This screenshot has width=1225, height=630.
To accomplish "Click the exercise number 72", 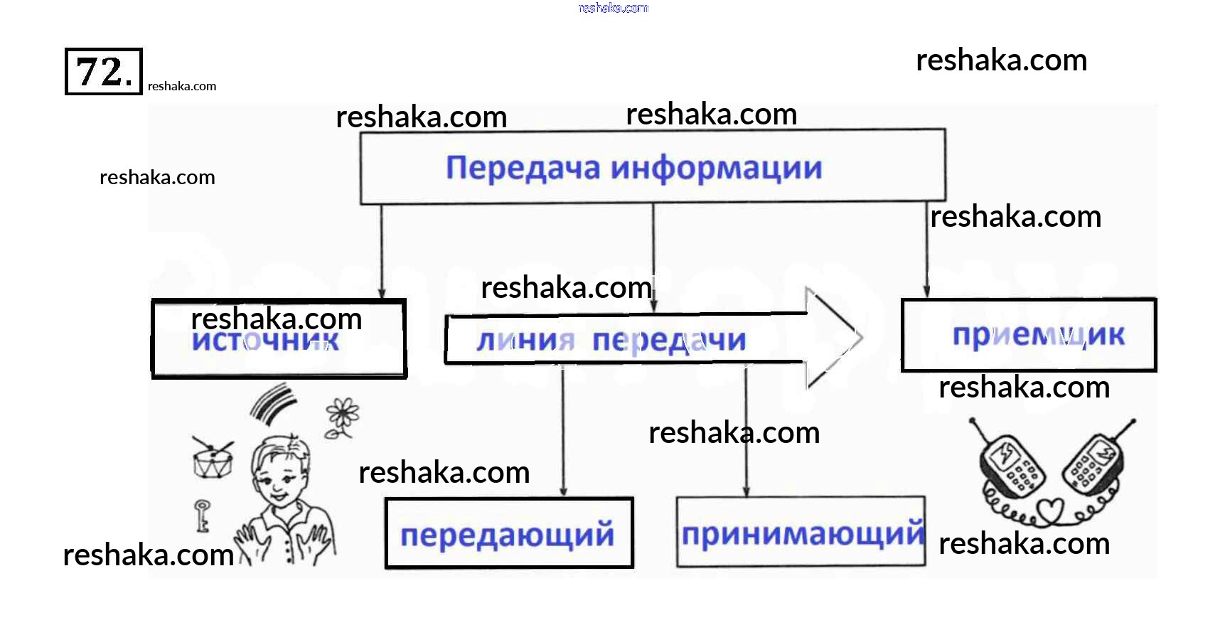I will click(104, 72).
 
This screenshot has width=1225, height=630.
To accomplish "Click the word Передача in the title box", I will click(523, 169).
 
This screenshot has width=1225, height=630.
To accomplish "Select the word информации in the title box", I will click(716, 169).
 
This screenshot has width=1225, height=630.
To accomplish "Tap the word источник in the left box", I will click(265, 341).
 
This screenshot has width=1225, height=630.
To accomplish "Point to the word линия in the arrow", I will click(525, 341).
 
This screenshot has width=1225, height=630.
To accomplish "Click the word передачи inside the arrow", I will click(669, 341).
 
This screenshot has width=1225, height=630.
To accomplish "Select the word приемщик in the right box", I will click(1038, 335).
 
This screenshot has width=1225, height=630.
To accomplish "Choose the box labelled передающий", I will click(508, 533).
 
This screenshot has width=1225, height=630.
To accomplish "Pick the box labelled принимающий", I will click(801, 533).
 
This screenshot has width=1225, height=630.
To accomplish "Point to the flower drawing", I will click(342, 417).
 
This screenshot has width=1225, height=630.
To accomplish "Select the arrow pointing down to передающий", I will click(563, 434).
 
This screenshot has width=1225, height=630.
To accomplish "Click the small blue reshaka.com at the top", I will click(613, 9).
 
